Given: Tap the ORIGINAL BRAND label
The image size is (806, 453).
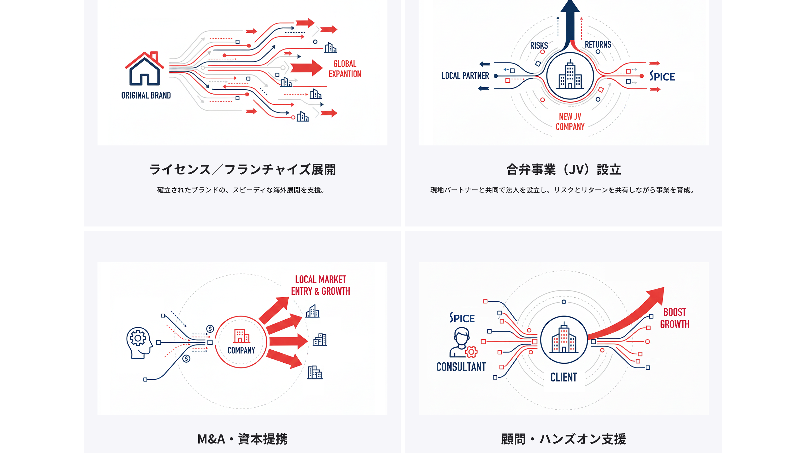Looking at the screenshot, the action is (146, 95).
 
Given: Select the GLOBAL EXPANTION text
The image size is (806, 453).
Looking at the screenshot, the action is (345, 69).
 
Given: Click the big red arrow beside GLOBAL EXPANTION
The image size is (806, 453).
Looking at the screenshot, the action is (306, 68).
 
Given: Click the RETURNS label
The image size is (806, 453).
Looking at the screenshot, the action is (598, 45).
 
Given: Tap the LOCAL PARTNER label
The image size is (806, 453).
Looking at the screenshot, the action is (465, 76).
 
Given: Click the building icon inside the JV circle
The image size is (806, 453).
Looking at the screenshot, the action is (570, 75).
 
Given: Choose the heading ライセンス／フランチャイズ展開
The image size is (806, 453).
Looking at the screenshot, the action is (242, 169).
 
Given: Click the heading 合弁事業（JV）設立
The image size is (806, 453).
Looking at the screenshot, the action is (564, 169).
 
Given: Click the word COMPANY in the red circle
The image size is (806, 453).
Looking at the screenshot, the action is (241, 350).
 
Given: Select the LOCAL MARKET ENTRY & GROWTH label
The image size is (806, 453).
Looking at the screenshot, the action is (320, 285).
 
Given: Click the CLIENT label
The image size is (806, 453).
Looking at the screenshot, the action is (564, 377).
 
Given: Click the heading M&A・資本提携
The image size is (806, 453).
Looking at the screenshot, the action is (242, 439).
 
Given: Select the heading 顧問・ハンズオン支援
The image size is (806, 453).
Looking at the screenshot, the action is (564, 439).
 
